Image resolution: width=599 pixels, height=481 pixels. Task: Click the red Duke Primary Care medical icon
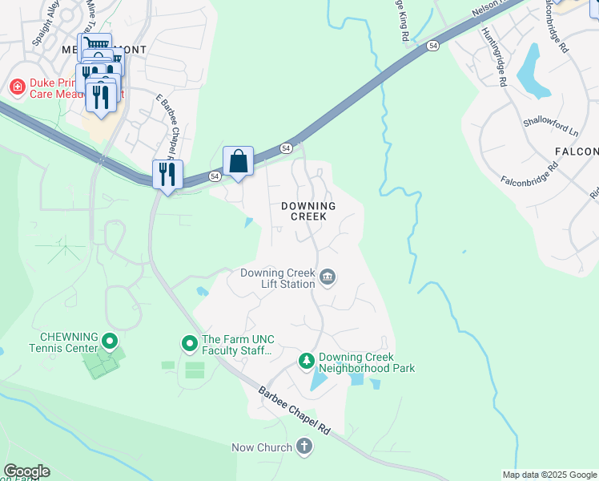click(x=15, y=86)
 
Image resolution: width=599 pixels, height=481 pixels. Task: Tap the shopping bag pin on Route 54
click(x=239, y=162)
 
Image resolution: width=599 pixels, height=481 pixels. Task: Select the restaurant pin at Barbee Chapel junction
click(x=168, y=175)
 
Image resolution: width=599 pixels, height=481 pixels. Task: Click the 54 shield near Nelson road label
click(x=432, y=46)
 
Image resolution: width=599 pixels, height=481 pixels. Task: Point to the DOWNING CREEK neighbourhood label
click(x=308, y=212)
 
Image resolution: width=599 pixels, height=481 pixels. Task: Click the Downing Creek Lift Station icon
click(x=328, y=278)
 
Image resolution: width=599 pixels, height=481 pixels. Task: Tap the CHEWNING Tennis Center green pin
click(x=111, y=342)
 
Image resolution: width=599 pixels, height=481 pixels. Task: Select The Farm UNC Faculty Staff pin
click(x=190, y=345)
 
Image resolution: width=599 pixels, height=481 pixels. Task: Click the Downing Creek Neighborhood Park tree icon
click(x=306, y=362)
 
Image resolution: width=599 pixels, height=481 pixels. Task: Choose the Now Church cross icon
click(x=304, y=447)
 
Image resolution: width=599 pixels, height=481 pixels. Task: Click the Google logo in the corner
click(x=26, y=471)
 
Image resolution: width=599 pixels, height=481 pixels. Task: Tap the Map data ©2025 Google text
click(x=549, y=475)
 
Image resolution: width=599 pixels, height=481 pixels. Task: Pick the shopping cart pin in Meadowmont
click(x=94, y=46)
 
